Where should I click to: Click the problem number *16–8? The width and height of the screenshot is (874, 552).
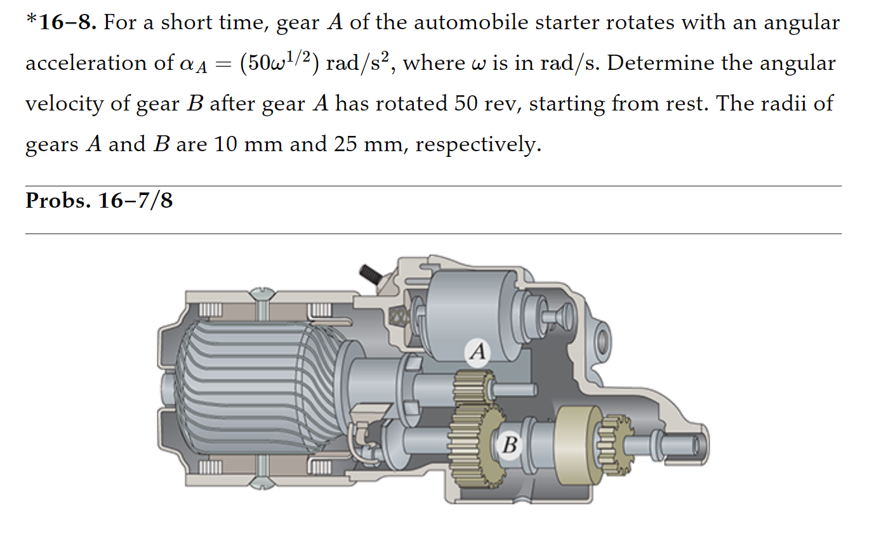click(x=62, y=23)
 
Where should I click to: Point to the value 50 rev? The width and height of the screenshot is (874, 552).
click(x=485, y=104)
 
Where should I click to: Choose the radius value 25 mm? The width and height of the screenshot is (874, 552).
click(x=368, y=144)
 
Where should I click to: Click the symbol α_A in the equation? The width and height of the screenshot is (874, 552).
click(x=194, y=64)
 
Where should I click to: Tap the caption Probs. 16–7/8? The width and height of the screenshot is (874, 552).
click(x=99, y=201)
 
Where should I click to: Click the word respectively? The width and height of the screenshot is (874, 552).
click(x=477, y=145)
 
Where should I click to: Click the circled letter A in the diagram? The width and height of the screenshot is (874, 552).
click(x=478, y=351)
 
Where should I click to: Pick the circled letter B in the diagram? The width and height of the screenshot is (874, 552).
click(x=510, y=445)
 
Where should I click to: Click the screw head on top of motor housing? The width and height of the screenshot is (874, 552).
click(x=262, y=293)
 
